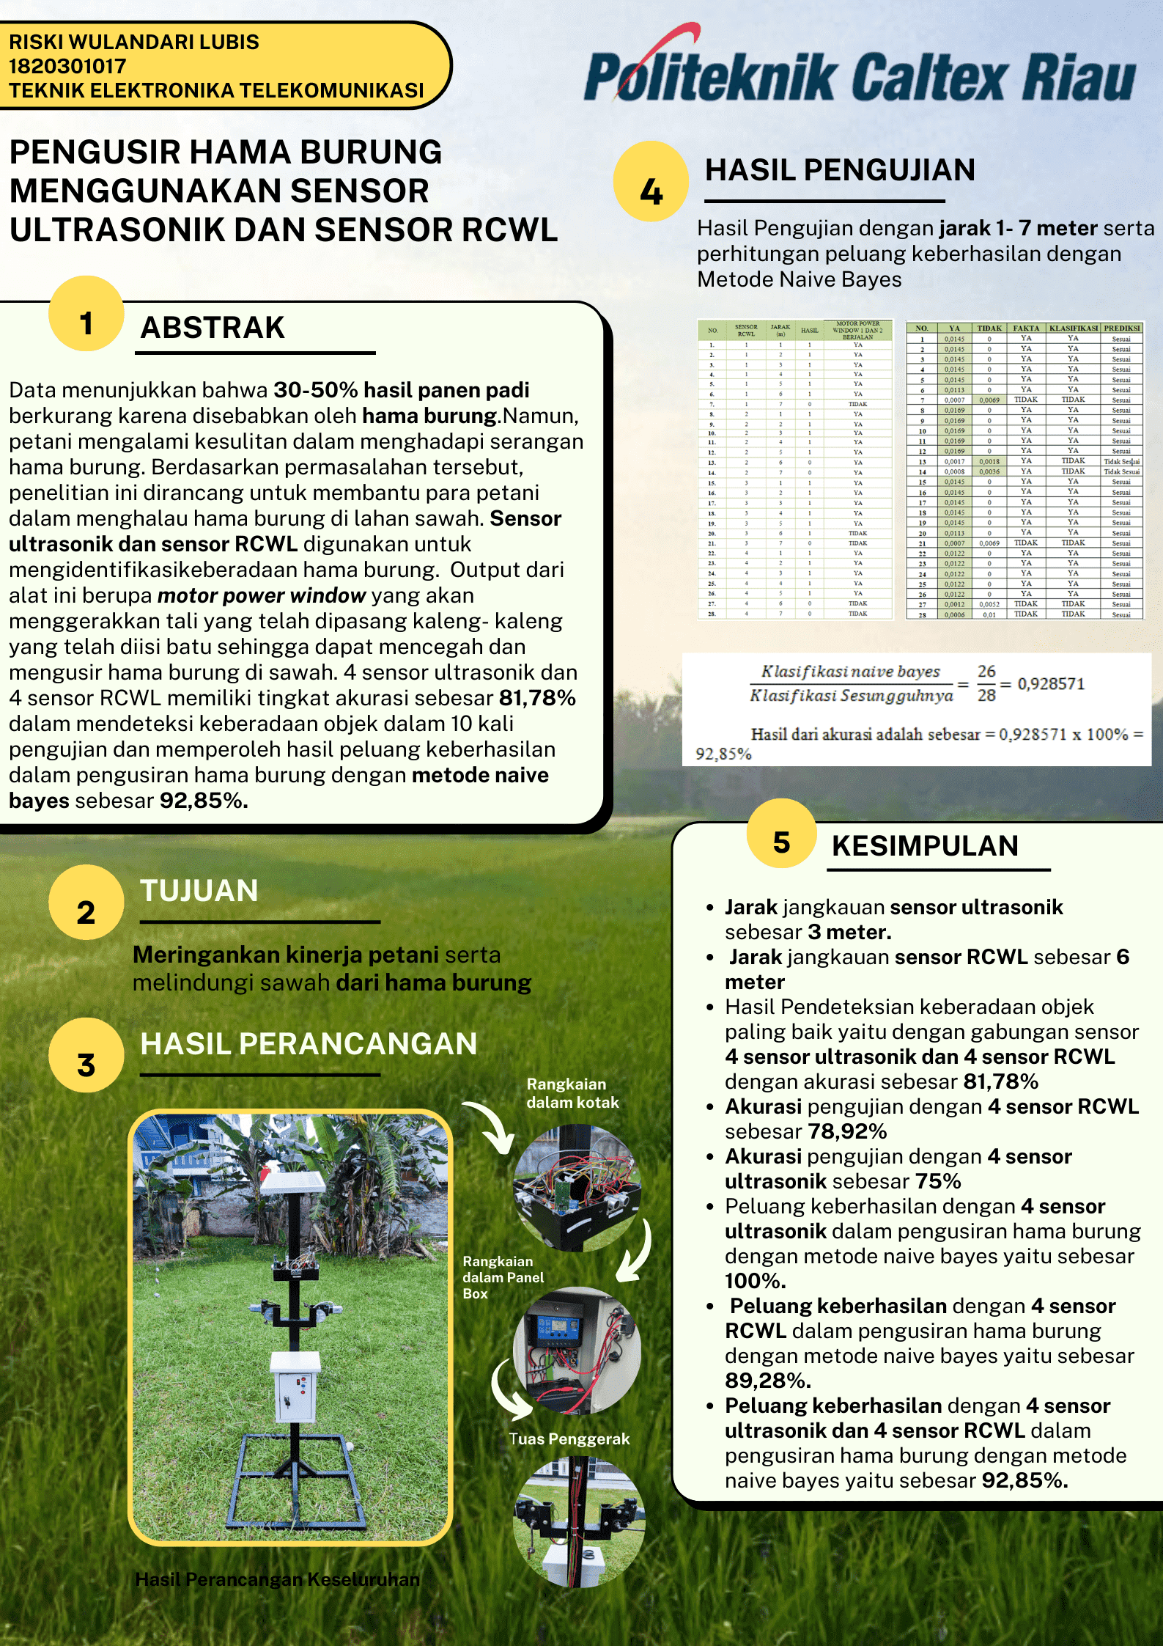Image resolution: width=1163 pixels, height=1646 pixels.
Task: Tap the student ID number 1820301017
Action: pyautogui.click(x=67, y=66)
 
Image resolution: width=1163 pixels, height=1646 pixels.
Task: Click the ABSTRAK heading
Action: pyautogui.click(x=213, y=328)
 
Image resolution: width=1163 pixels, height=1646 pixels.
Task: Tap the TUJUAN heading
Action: pyautogui.click(x=199, y=891)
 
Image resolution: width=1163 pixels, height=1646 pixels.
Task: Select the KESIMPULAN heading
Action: pyautogui.click(x=925, y=845)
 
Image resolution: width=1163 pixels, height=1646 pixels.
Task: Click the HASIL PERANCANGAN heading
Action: pyautogui.click(x=309, y=1044)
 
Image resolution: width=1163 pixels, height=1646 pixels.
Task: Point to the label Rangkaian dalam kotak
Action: pyautogui.click(x=572, y=1093)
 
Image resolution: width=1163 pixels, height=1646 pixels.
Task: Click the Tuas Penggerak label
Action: pyautogui.click(x=569, y=1439)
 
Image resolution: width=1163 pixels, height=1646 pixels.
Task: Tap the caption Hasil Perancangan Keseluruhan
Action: pyautogui.click(x=278, y=1579)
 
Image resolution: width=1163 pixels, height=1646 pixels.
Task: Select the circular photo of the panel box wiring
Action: pyautogui.click(x=577, y=1349)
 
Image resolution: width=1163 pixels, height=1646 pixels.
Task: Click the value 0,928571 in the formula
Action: pyautogui.click(x=1050, y=683)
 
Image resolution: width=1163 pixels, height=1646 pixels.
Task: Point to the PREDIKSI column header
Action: pyautogui.click(x=1121, y=328)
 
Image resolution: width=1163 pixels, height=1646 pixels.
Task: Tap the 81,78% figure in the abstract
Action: pyautogui.click(x=537, y=698)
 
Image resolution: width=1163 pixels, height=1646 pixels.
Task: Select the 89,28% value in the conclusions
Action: pyautogui.click(x=767, y=1381)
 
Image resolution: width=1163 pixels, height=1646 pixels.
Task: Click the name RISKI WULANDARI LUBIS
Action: pyautogui.click(x=134, y=42)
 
